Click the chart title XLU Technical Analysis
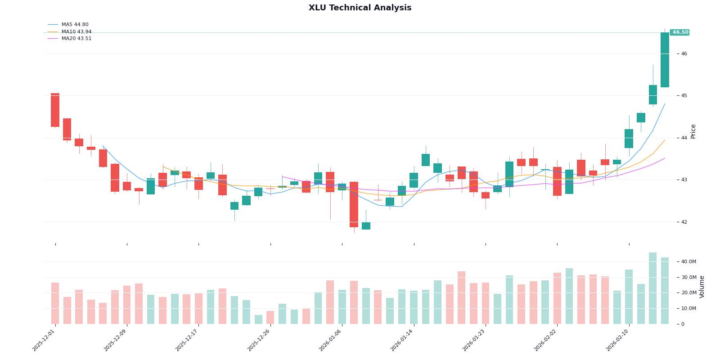pos(360,8)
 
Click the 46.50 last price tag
pos(680,32)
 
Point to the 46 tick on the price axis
pos(684,54)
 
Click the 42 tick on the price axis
pos(684,222)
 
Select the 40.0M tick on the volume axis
pos(688,262)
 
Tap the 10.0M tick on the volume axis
pos(688,309)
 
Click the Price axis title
pos(693,131)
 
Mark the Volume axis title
pos(702,287)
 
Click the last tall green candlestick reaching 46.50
pos(665,60)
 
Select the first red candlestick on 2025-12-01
pos(55,110)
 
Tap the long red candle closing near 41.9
pos(354,204)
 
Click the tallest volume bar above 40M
pos(652,288)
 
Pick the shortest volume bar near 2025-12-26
pos(258,319)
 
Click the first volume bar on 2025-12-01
pos(55,303)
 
